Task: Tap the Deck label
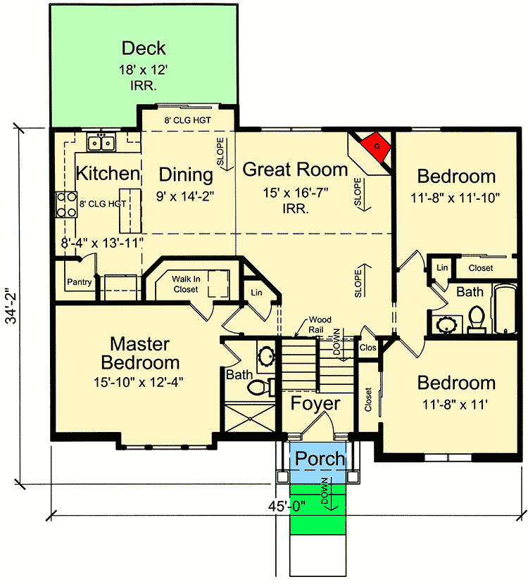coord(144,49)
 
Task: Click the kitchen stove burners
coord(67,204)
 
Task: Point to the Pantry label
coord(80,282)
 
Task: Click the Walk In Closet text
coord(187,284)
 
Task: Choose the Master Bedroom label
coord(139,353)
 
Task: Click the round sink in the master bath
coord(266,357)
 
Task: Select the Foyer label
coord(316,404)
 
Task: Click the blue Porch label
coord(320,459)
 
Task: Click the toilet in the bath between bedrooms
coord(476,318)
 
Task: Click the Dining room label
coord(185,174)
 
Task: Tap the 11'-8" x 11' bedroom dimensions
coord(456,405)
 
